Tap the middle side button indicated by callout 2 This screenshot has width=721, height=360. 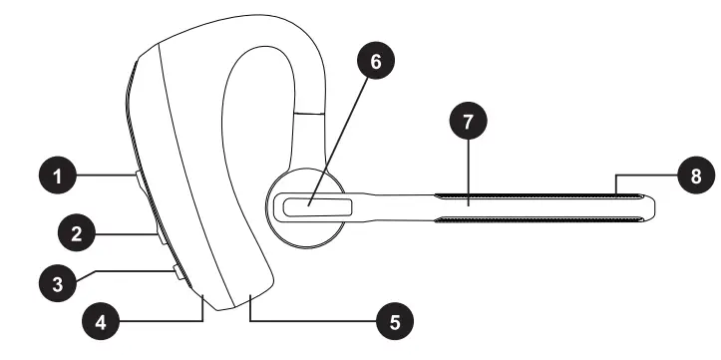pyautogui.click(x=160, y=235)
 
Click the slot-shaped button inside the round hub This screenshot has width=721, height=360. pyautogui.click(x=316, y=207)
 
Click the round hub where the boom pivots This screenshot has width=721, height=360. pyautogui.click(x=310, y=207)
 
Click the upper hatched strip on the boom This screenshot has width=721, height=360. pyautogui.click(x=539, y=193)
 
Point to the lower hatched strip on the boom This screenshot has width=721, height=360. pyautogui.click(x=539, y=220)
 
